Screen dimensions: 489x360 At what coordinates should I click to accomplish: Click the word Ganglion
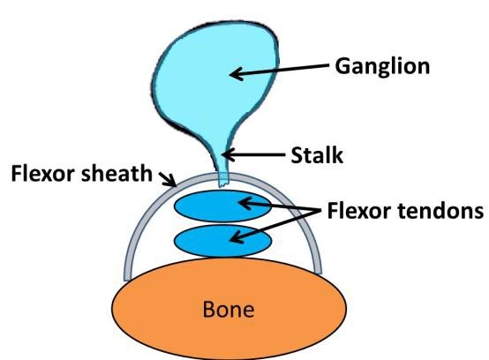[x=382, y=67]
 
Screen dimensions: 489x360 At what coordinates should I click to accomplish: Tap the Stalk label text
[x=317, y=155]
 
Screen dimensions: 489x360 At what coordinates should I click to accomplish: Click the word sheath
[x=117, y=173]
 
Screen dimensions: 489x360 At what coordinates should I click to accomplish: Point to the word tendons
[x=440, y=211]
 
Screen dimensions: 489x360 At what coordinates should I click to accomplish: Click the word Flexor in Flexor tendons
[x=360, y=211]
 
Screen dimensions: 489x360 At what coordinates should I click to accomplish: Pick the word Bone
[x=229, y=309]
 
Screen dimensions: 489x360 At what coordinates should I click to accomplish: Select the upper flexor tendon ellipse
[x=222, y=206]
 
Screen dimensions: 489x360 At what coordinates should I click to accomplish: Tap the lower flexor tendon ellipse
[x=222, y=241]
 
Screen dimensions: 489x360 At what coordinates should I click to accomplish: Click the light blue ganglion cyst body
[x=215, y=78]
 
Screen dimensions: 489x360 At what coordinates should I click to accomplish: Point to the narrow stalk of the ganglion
[x=222, y=162]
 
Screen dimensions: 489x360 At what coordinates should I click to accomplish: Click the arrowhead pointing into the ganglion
[x=235, y=74]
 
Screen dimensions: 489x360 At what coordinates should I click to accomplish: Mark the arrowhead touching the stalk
[x=227, y=154]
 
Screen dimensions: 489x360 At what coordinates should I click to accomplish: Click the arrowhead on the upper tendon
[x=244, y=203]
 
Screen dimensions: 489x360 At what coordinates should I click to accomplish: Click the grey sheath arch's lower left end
[x=128, y=278]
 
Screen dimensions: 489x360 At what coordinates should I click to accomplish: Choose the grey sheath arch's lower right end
[x=318, y=271]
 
